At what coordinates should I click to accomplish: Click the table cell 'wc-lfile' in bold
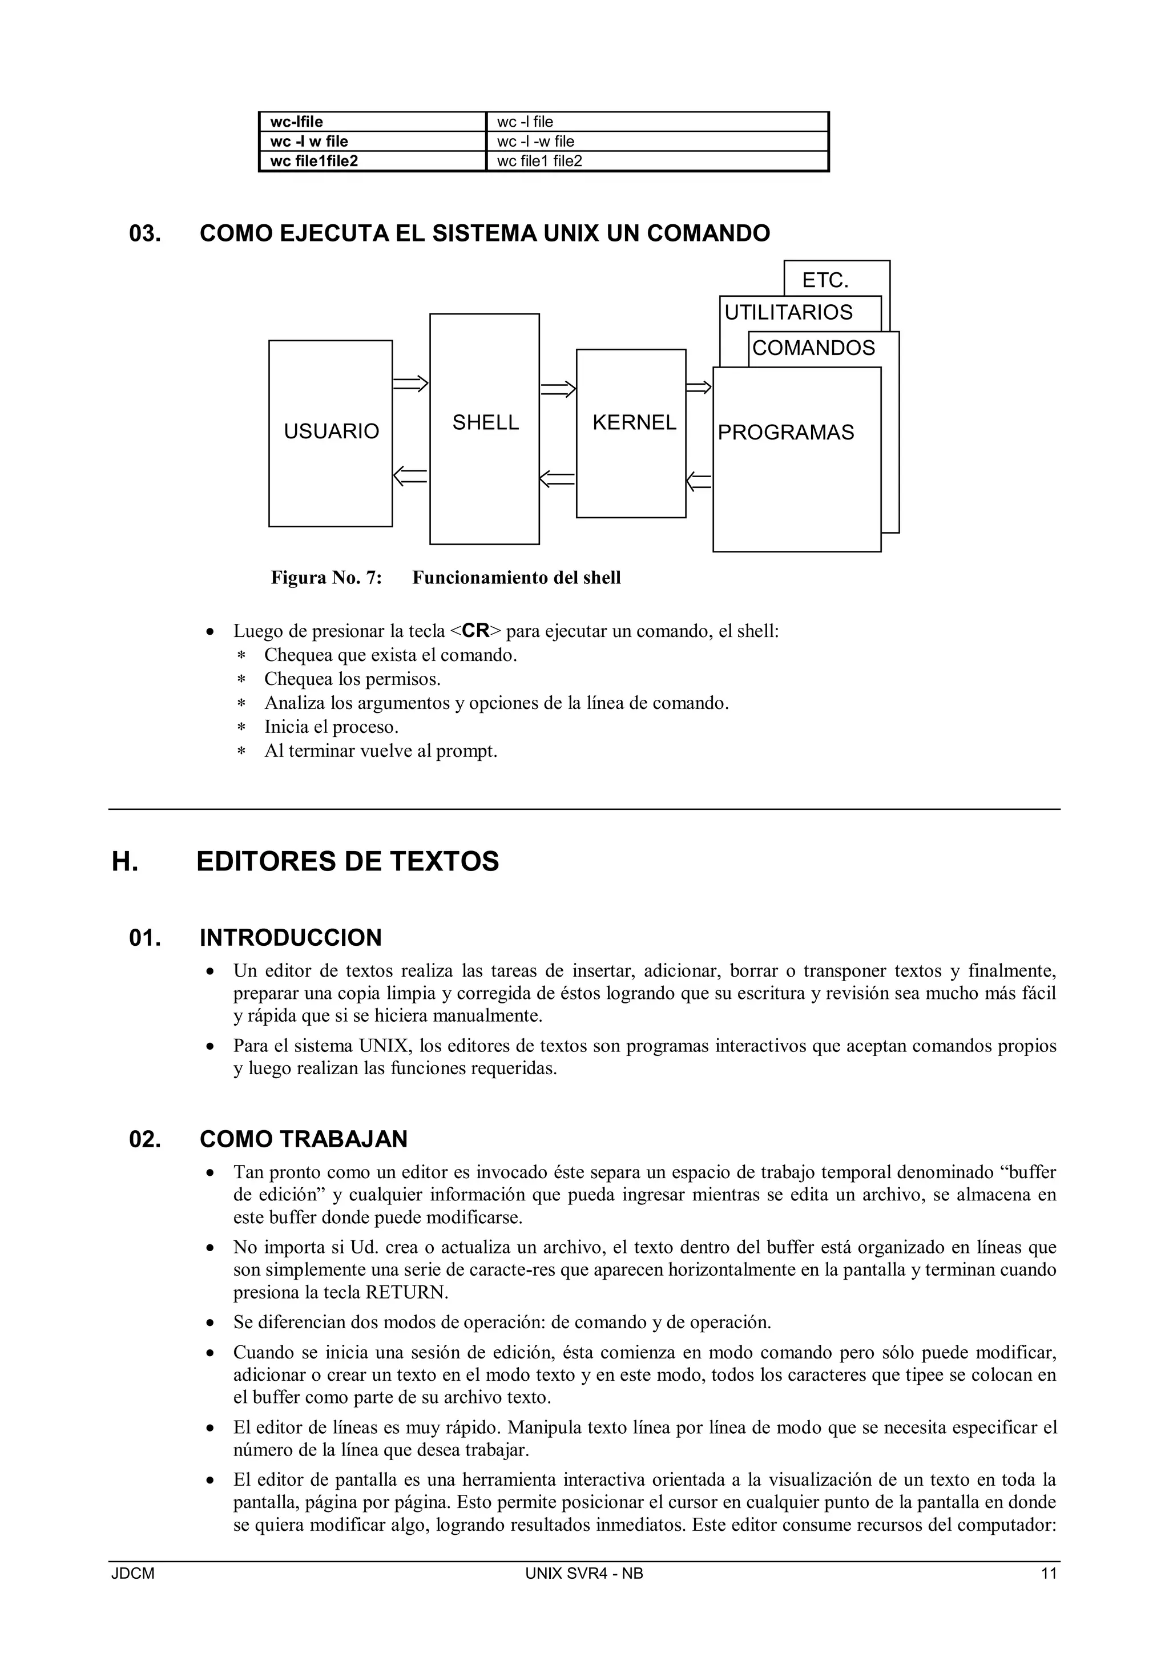click(x=297, y=122)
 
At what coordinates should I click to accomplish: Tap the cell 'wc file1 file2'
click(x=539, y=162)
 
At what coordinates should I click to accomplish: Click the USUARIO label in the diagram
click(x=331, y=432)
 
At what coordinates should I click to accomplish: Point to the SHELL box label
click(x=485, y=422)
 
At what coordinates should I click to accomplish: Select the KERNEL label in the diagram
click(x=634, y=422)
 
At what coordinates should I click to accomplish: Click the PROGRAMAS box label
click(x=785, y=433)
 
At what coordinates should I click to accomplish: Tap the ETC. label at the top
click(x=825, y=281)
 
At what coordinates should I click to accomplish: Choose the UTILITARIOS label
click(x=788, y=312)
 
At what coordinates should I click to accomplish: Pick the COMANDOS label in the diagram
click(x=813, y=348)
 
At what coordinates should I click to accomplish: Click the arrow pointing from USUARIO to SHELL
click(x=411, y=385)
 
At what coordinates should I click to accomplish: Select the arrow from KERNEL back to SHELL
click(x=557, y=479)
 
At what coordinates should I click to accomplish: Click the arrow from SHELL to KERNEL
click(x=559, y=389)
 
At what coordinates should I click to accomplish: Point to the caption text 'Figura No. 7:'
click(x=326, y=578)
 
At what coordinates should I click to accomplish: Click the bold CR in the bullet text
click(x=476, y=631)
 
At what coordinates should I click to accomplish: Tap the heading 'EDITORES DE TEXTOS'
click(x=348, y=862)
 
